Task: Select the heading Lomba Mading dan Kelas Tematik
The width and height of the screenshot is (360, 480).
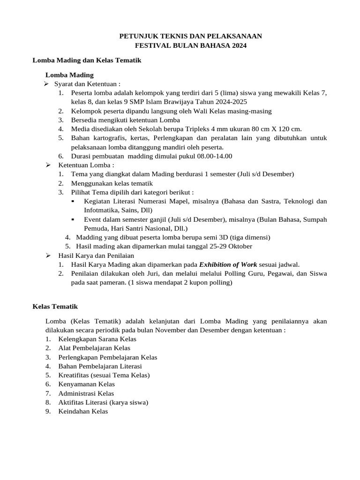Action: point(87,60)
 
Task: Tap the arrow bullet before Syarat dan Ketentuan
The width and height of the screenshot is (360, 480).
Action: point(47,84)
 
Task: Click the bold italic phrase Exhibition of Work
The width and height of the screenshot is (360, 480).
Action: point(228,264)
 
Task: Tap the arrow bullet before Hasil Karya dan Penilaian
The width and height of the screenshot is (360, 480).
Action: point(47,255)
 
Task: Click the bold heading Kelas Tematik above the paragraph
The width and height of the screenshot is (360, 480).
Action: point(55,307)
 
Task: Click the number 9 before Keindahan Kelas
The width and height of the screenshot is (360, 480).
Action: point(48,411)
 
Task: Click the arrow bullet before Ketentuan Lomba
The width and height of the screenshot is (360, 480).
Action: point(47,165)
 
